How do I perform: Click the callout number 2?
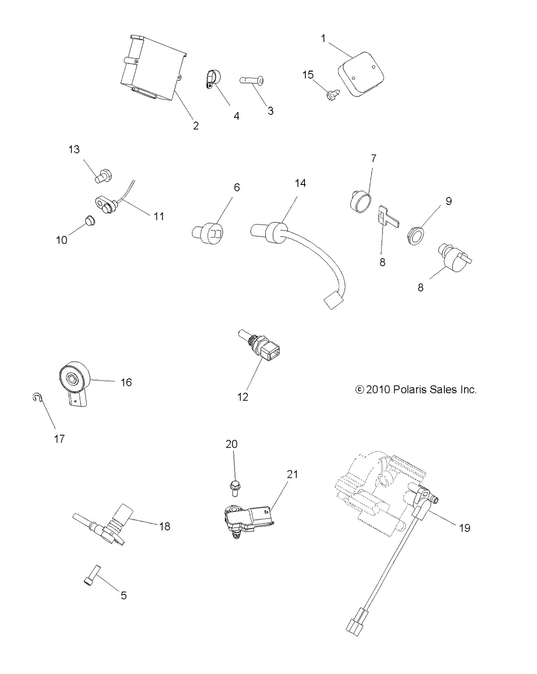(196, 126)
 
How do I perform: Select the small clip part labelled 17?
(37, 397)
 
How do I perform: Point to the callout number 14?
(300, 183)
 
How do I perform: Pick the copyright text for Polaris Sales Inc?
(416, 390)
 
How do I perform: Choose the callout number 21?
(292, 474)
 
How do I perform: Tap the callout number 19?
(464, 528)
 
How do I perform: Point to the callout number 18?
(164, 526)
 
